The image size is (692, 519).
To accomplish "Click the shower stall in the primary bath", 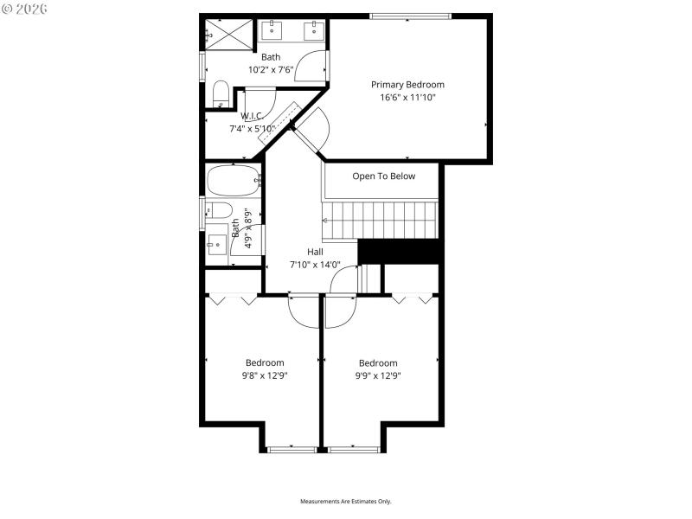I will pos(229,35).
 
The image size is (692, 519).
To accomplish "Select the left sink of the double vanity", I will pos(272,31).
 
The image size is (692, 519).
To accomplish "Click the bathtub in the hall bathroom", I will pos(233,181).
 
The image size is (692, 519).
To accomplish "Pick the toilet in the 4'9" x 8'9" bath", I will pos(220,210).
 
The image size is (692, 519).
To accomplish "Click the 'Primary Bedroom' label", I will pos(407,85).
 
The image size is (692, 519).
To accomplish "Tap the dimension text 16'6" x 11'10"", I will pos(407,98).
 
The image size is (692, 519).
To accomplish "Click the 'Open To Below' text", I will pos(383,176).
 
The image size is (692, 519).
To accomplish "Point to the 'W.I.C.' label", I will pos(252,116).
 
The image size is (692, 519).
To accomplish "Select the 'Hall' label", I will pos(315,252).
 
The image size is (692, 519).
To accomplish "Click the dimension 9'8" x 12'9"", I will pos(264,375).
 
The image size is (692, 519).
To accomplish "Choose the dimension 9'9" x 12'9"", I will pos(378,375).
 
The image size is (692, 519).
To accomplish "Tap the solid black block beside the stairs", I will pos(400,251).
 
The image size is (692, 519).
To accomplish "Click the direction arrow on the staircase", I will pos(325,221).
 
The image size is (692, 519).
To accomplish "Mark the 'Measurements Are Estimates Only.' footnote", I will pos(346,502).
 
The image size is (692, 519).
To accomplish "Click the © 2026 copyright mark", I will pos(25,9).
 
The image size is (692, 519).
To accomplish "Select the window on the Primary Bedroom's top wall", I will pos(410,16).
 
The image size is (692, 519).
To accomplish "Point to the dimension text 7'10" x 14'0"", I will pos(315,265).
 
